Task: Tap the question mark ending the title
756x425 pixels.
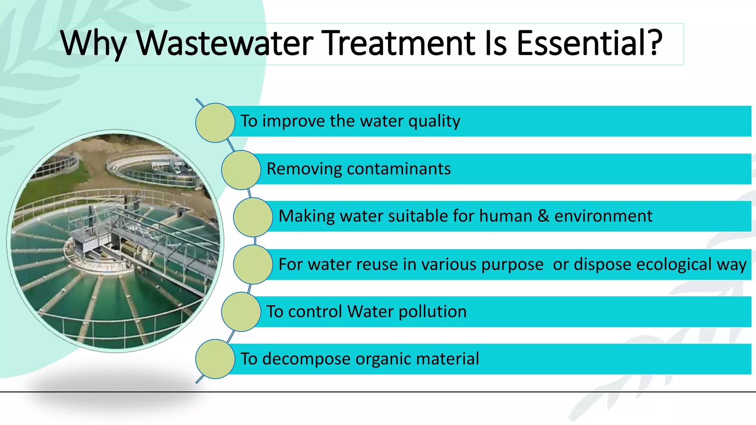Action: coord(654,44)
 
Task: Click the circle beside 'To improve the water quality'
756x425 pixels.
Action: coord(215,122)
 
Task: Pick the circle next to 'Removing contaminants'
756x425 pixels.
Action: coord(241,170)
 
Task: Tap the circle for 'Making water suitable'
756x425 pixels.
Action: coord(253,217)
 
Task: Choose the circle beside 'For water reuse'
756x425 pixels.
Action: coord(253,265)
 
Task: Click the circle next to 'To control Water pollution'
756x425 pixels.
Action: coord(241,312)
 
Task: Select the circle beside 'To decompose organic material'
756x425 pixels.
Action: coord(215,359)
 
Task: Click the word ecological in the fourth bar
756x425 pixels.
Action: coord(674,265)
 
